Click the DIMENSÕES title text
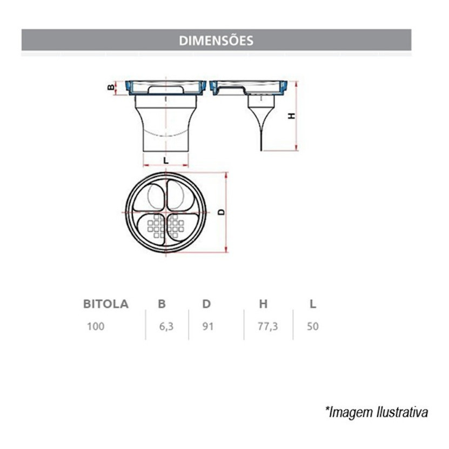[x=216, y=41]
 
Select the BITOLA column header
[x=106, y=304]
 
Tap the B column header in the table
[x=162, y=304]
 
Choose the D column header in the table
[x=206, y=304]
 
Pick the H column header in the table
[x=263, y=304]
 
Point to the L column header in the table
[x=313, y=304]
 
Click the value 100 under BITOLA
[x=96, y=326]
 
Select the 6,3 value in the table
[x=166, y=326]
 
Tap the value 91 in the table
[x=208, y=326]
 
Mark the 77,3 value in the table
[x=268, y=326]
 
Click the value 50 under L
[x=313, y=326]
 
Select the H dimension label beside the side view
[x=292, y=116]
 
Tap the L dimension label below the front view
[x=166, y=160]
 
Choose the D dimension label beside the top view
[x=222, y=212]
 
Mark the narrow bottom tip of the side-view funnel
[x=261, y=149]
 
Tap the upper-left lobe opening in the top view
[x=150, y=197]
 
